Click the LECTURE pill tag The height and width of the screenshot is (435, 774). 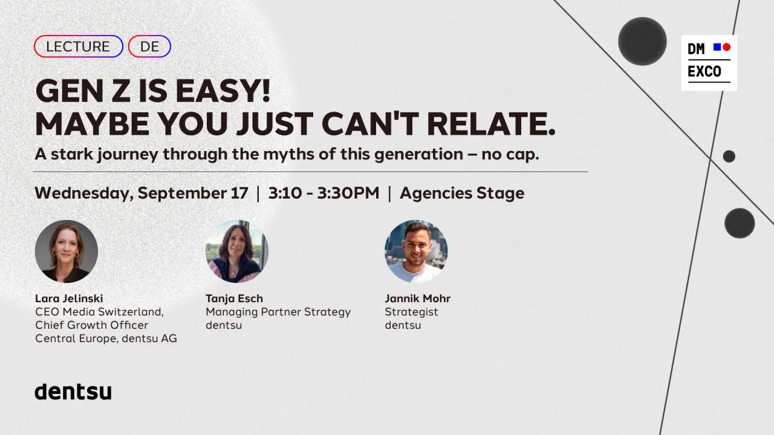(x=79, y=47)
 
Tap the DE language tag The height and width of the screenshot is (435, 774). (x=149, y=47)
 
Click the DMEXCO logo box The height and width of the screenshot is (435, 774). (x=709, y=63)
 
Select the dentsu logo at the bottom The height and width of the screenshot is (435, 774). (x=73, y=391)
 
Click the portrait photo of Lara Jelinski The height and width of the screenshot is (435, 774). (x=67, y=251)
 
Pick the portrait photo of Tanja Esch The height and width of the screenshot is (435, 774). (x=237, y=251)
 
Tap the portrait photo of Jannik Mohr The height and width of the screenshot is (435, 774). (x=416, y=251)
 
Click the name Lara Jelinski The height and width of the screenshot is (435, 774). (x=69, y=298)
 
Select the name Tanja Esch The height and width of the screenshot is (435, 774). (x=234, y=298)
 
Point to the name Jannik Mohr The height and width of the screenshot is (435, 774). (x=418, y=298)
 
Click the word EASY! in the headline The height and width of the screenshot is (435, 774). (x=223, y=91)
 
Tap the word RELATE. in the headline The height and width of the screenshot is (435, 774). (x=491, y=124)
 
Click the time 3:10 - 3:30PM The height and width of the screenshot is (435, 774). (x=324, y=193)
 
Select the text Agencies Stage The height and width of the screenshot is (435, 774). (x=462, y=193)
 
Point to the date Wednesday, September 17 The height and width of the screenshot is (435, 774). (x=141, y=193)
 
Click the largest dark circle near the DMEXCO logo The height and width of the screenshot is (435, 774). (x=642, y=41)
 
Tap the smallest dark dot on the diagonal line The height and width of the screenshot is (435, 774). (x=729, y=156)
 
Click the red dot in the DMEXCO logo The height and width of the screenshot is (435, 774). (x=727, y=47)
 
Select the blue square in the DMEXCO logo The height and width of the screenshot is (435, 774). (x=717, y=47)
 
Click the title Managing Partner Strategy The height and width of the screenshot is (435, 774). (x=278, y=312)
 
